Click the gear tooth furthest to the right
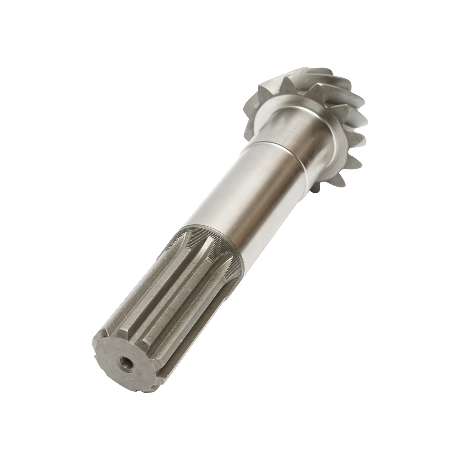coord(362,111)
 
